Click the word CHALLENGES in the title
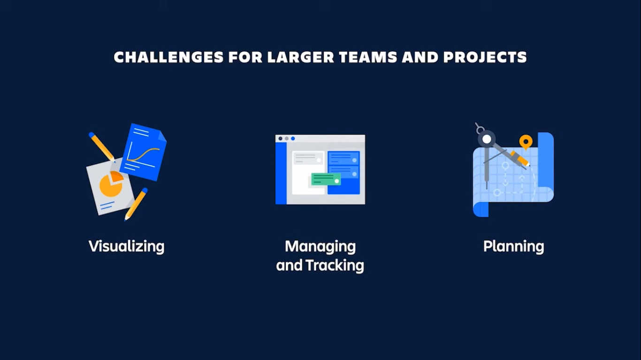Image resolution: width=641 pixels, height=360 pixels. (x=168, y=57)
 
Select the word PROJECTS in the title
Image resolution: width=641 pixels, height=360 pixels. (x=485, y=57)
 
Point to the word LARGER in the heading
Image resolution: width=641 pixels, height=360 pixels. (x=301, y=57)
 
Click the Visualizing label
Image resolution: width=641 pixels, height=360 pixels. (x=127, y=246)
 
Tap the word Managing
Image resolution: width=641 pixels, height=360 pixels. (x=320, y=246)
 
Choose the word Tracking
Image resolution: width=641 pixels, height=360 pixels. (x=335, y=265)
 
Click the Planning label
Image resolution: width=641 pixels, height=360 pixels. (x=514, y=246)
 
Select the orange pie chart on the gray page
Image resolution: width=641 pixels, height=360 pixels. (x=112, y=184)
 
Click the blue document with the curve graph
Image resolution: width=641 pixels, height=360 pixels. (x=143, y=152)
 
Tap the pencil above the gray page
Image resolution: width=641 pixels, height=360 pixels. (x=102, y=147)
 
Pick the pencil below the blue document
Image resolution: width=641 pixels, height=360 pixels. (x=136, y=204)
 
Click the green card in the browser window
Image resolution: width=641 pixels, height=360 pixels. (x=326, y=179)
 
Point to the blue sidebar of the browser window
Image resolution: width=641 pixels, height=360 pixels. (x=281, y=173)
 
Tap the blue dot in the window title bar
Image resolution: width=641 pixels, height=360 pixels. (x=293, y=138)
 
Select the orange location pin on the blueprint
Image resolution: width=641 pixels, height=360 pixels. (x=526, y=142)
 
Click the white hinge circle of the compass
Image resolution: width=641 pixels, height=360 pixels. (x=487, y=139)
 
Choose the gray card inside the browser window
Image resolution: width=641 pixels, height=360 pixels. (x=308, y=158)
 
